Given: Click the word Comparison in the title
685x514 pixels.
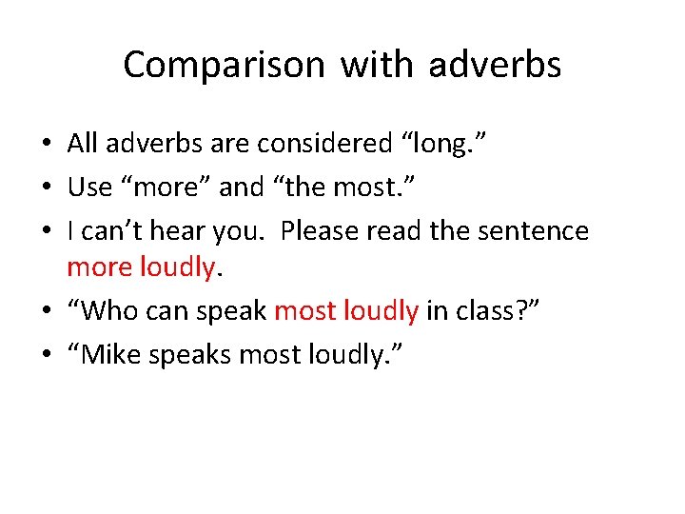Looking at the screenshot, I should point(225,66).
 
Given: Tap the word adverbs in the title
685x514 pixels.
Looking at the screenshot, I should point(495,66).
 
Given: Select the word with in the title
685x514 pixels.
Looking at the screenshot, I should point(377,66).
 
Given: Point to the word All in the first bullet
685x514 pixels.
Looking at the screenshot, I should point(83,144).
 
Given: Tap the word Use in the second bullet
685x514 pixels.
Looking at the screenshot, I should point(89,188).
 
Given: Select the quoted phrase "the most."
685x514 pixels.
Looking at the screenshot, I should point(349,188).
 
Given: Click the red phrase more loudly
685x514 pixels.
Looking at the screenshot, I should point(141,268).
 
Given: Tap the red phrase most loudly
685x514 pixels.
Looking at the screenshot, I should point(346,312).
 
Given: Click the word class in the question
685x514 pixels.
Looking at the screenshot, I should point(478,312).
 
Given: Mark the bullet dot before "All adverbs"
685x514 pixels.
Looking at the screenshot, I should point(49,145).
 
